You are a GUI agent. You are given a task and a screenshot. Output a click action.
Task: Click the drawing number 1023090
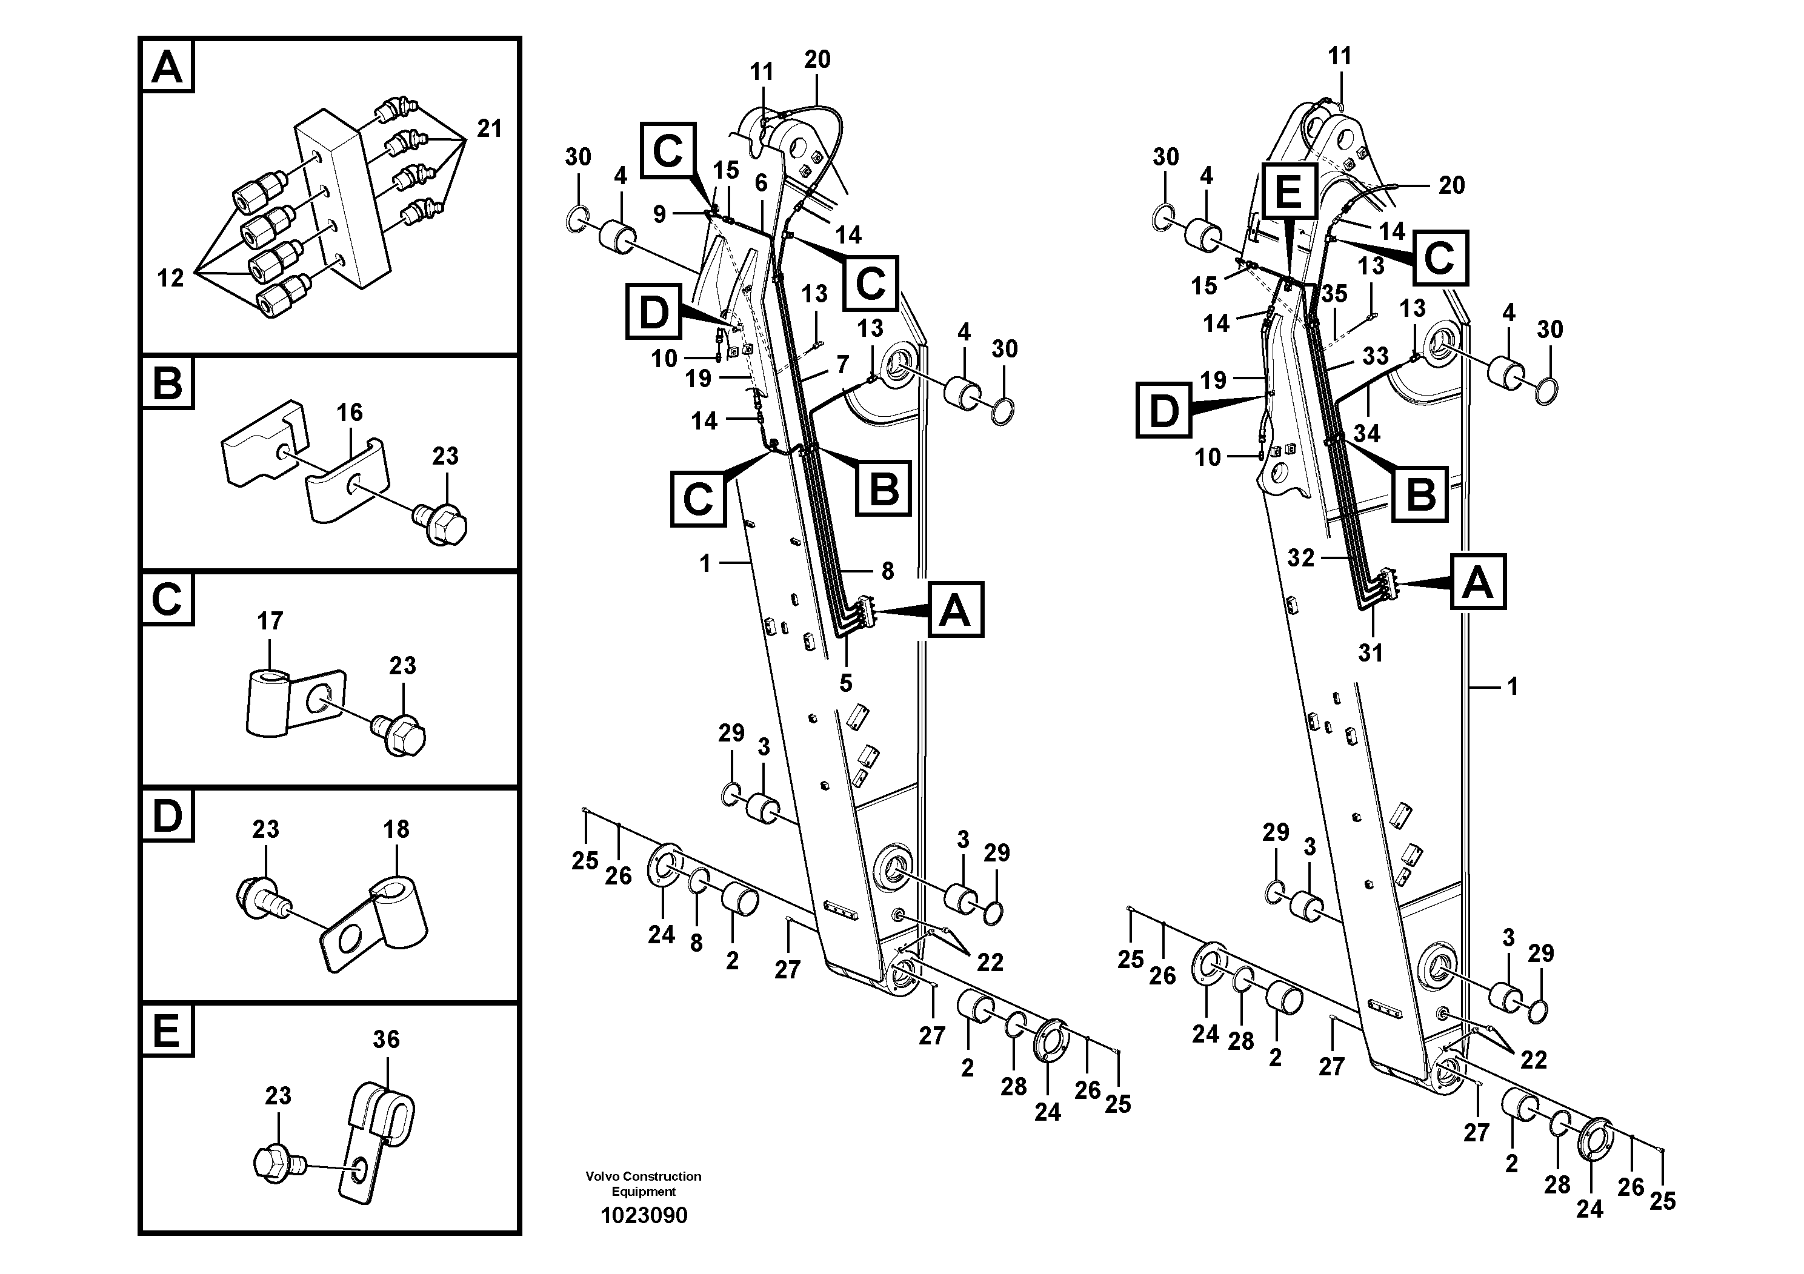tap(644, 1215)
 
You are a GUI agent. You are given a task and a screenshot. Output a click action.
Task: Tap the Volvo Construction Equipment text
tap(643, 1184)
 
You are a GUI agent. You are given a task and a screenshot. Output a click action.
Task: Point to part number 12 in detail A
tap(170, 277)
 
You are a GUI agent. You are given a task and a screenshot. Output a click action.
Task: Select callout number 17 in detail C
tap(270, 622)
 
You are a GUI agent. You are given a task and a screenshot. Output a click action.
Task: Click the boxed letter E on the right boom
tap(1288, 191)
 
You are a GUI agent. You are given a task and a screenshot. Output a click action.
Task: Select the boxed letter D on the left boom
tap(653, 312)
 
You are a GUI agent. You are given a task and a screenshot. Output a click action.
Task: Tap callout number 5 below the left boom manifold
tap(845, 683)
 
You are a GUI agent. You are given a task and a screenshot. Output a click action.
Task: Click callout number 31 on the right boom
tap(1370, 652)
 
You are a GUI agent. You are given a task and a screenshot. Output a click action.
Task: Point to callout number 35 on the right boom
tap(1334, 294)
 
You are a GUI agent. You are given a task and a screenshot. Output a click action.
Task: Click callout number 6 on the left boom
tap(761, 183)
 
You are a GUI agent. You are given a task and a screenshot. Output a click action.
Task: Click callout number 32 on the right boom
tap(1300, 558)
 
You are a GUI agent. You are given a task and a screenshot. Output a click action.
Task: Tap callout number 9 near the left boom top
tap(659, 214)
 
